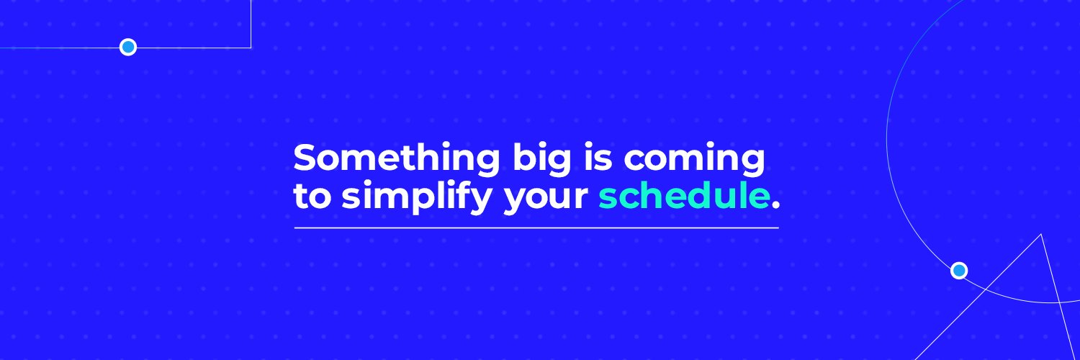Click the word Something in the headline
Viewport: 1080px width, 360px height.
[x=396, y=160]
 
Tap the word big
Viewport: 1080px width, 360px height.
[x=542, y=160]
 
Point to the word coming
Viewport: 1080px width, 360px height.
[x=694, y=160]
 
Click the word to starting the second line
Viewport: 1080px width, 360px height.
[x=312, y=196]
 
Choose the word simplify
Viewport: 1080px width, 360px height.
[x=415, y=197]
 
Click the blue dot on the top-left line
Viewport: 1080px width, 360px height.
[x=127, y=48]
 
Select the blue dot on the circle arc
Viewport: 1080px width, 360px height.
[x=959, y=271]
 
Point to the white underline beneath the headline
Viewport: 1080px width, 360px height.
[x=536, y=228]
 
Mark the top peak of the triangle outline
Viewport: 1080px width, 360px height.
[x=1041, y=235]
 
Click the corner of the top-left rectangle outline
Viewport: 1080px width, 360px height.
[x=251, y=48]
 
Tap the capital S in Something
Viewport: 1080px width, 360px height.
[x=307, y=157]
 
